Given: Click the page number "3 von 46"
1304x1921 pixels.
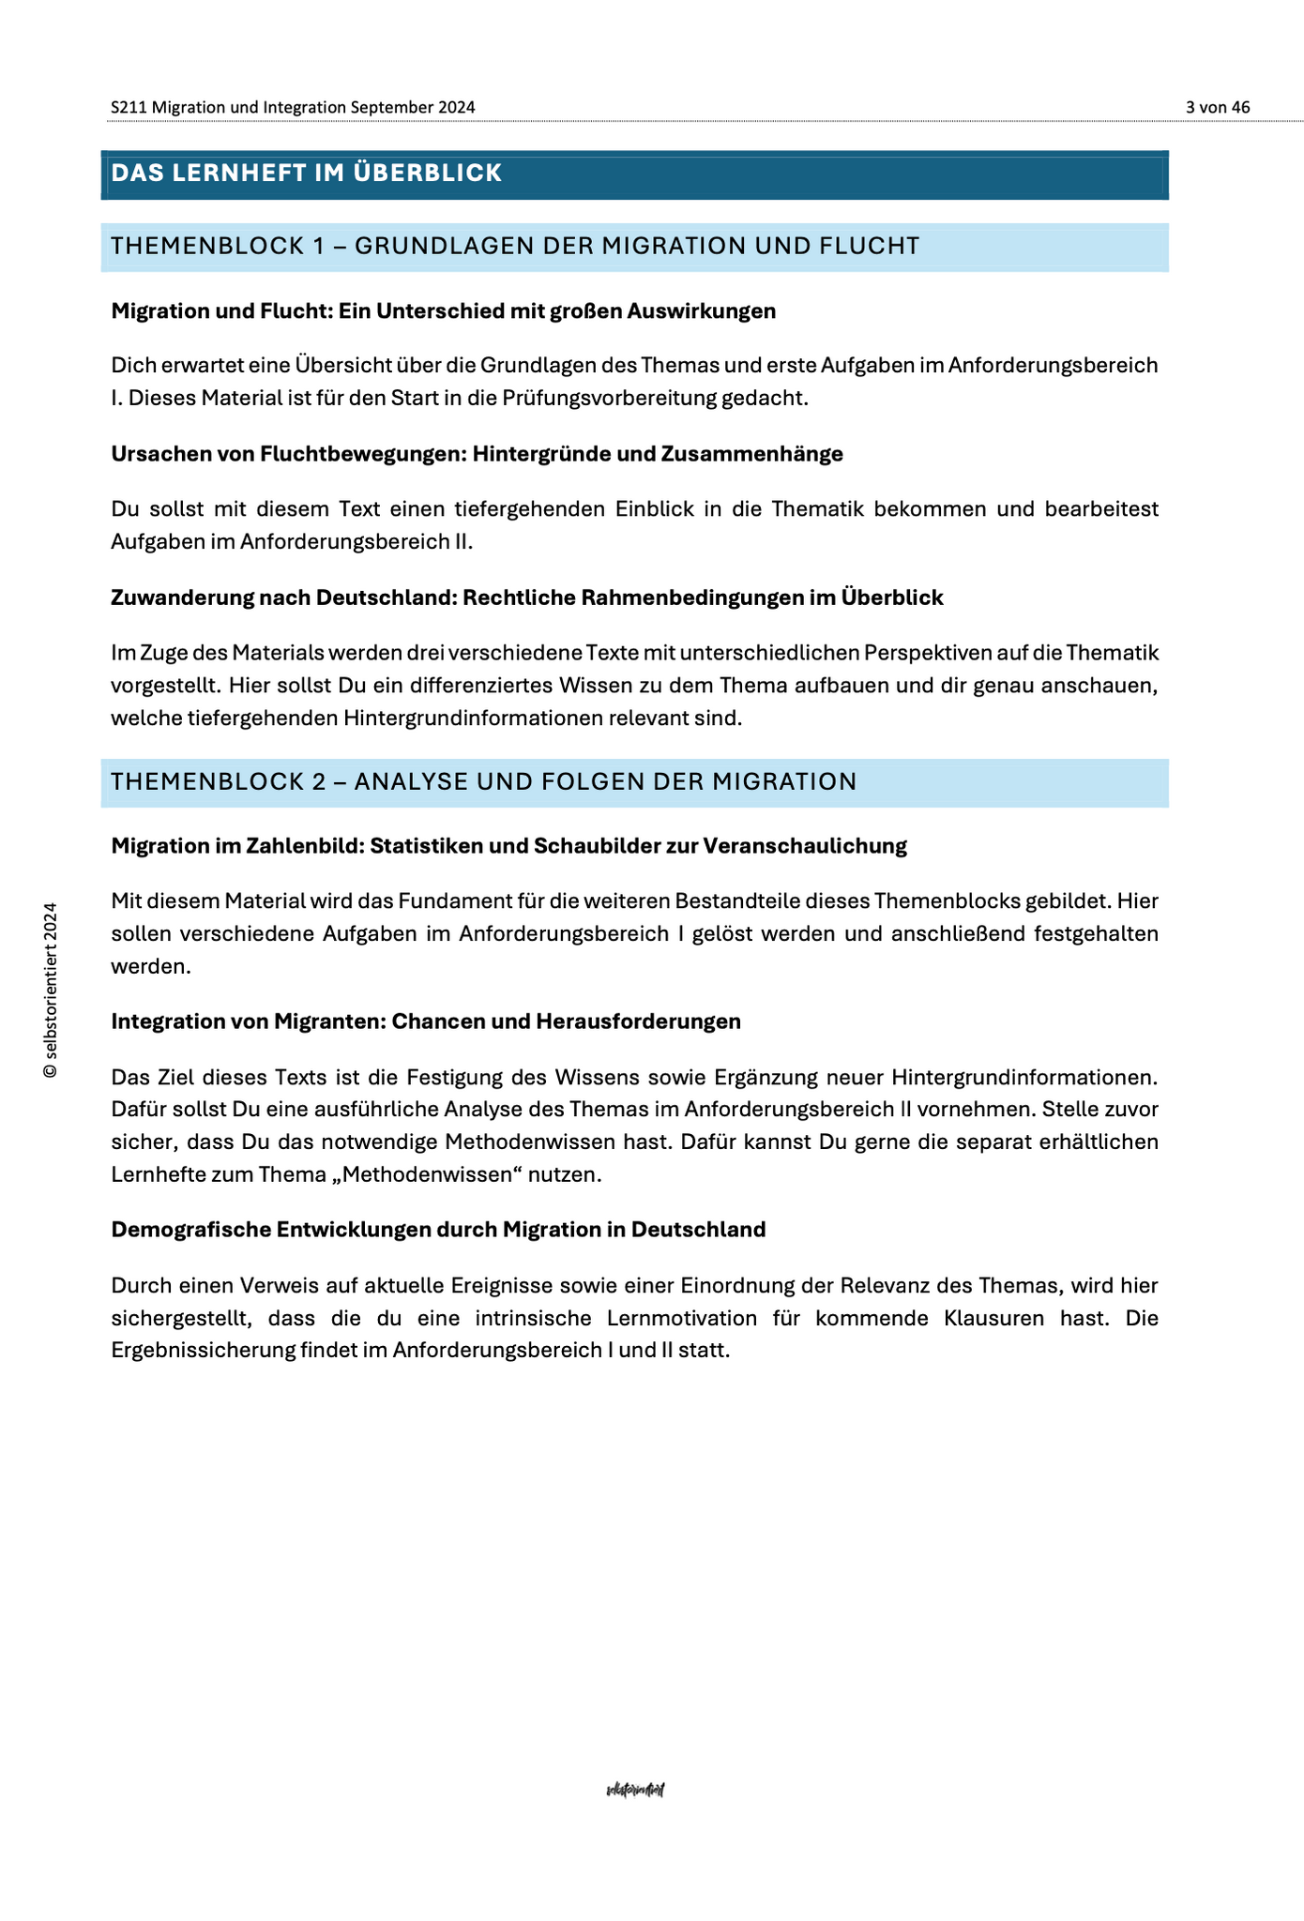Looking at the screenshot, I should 1218,107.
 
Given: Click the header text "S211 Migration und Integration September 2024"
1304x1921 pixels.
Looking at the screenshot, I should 293,107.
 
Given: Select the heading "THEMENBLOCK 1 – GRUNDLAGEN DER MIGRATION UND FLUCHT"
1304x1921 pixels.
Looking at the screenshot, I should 515,246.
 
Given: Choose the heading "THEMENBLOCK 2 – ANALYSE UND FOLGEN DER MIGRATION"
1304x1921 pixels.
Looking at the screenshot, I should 483,781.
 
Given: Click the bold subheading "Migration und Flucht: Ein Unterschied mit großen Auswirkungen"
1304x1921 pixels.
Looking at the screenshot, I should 443,311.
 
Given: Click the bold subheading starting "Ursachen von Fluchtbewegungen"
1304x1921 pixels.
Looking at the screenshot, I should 477,454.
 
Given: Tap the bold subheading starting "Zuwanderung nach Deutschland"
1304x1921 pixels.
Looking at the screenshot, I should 526,597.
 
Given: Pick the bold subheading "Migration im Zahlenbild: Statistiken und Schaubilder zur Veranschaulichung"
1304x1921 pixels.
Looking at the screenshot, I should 508,846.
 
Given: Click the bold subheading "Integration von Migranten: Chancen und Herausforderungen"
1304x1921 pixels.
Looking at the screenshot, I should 426,1021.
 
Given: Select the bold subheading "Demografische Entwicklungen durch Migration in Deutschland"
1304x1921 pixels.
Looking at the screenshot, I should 438,1230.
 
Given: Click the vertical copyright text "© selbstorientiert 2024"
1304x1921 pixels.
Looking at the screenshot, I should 51,991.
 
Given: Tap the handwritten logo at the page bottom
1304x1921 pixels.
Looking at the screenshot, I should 636,1790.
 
